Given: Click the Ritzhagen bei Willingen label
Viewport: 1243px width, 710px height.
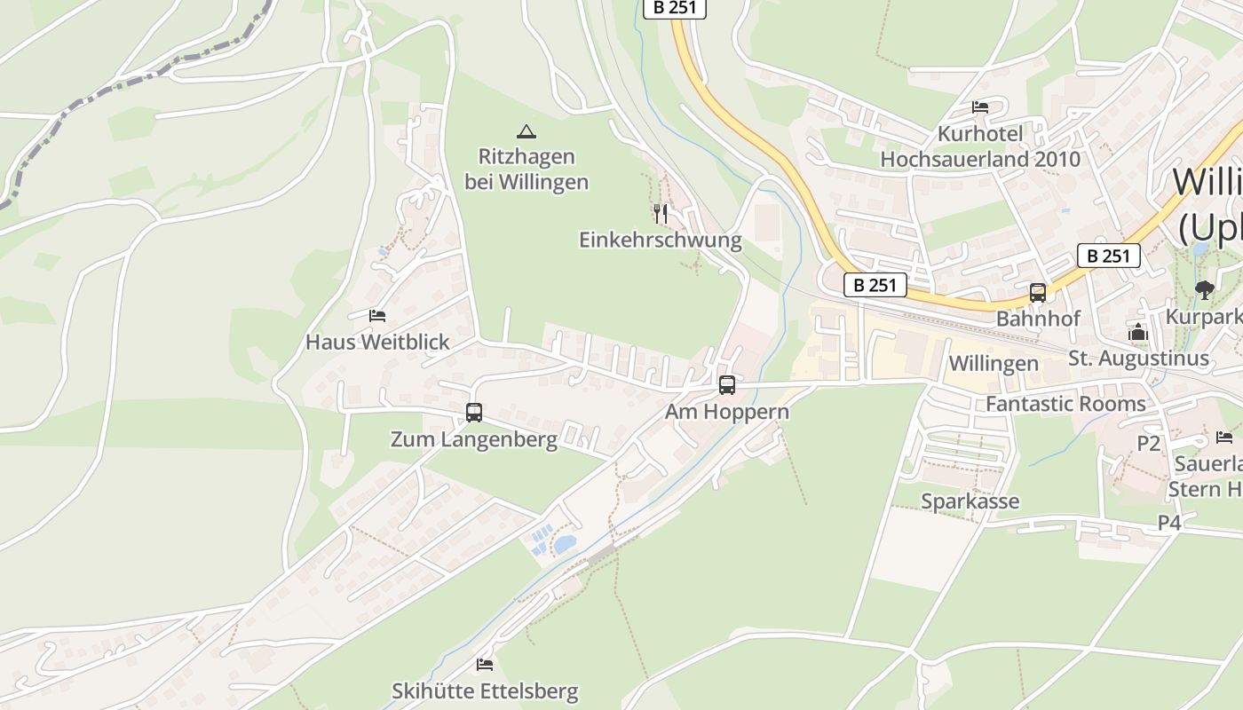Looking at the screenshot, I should (526, 169).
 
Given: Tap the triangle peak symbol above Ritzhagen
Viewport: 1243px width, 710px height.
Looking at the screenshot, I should (526, 132).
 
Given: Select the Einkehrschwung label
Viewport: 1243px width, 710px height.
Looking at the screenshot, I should (660, 240).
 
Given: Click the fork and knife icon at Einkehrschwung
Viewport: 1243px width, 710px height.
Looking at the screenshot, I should (660, 213).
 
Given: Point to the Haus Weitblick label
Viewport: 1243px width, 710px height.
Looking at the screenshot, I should (377, 342).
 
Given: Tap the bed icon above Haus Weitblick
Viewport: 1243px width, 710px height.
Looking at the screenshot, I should (377, 315).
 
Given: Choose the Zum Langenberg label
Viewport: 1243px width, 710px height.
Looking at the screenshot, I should (474, 439).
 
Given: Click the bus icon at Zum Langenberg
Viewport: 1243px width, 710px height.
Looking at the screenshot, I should (474, 412).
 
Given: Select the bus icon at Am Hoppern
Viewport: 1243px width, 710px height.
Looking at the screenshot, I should (727, 384).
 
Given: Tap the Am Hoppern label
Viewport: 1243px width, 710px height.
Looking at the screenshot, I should (727, 412).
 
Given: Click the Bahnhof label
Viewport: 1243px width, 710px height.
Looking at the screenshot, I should (1038, 318).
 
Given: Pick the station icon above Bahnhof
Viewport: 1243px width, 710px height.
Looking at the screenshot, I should (1038, 292).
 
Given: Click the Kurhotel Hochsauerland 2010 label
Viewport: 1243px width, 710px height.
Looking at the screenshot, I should (980, 146).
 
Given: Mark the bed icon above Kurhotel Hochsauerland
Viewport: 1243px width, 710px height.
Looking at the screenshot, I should (980, 107).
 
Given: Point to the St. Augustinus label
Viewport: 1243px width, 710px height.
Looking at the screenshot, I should (1138, 359).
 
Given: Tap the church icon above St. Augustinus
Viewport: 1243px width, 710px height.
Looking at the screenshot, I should (1138, 333).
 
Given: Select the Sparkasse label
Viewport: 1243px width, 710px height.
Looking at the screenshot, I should (970, 501).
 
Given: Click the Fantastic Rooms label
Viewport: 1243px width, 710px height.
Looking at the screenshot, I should (1065, 404).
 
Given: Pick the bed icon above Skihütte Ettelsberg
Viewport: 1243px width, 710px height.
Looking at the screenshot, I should (485, 664).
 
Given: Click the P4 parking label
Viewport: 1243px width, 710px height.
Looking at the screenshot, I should (1169, 523).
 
